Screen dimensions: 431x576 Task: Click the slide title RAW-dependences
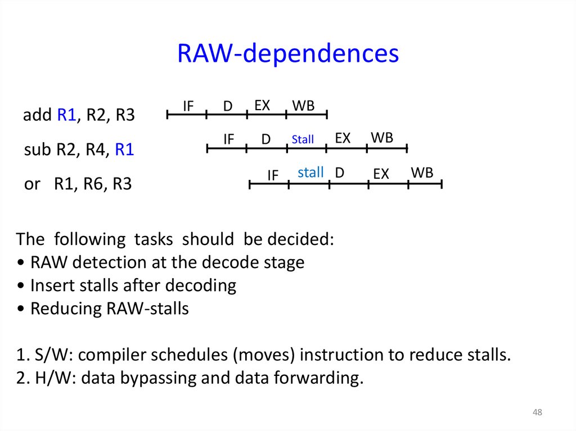287,54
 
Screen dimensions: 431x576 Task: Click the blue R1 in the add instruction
67,116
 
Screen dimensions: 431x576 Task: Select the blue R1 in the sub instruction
124,150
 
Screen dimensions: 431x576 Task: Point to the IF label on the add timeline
189,106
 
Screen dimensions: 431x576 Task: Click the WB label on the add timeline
303,106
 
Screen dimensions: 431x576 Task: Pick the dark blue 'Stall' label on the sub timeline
303,139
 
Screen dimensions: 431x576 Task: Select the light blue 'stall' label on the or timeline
310,173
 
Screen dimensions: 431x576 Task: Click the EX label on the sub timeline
343,138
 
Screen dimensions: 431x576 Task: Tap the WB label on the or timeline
422,173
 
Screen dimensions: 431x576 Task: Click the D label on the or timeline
339,173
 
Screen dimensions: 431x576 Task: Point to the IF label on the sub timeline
228,139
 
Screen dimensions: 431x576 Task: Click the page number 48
537,413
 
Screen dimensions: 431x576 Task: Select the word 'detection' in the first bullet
107,262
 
